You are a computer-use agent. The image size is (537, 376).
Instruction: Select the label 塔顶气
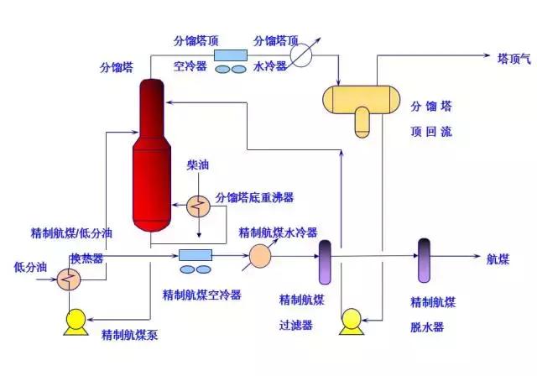click(515, 59)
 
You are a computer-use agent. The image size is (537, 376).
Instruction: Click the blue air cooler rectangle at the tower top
click(227, 55)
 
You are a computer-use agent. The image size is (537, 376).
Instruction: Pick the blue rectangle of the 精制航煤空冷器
click(194, 253)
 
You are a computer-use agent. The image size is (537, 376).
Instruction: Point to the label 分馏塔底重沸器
click(254, 198)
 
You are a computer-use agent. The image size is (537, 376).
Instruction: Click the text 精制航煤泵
click(130, 335)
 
